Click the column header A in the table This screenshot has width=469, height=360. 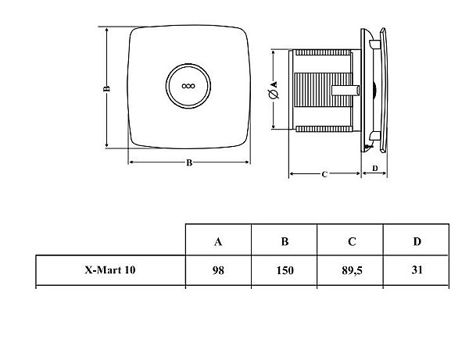(x=218, y=241)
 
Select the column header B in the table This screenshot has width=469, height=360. (x=285, y=241)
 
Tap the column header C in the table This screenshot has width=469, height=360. (x=352, y=241)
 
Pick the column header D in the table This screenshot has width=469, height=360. (x=417, y=241)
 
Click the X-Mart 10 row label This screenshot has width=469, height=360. (x=110, y=270)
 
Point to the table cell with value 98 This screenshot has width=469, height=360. (x=218, y=270)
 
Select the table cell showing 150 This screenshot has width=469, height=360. (x=285, y=270)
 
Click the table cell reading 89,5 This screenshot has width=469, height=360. (x=352, y=271)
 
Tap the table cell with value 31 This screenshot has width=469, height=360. (x=417, y=270)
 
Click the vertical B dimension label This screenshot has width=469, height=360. (x=107, y=88)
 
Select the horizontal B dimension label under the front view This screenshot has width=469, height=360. (x=189, y=163)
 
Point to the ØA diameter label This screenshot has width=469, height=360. (x=273, y=90)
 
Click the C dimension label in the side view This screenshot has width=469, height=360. (x=324, y=174)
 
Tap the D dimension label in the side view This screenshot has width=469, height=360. (x=374, y=169)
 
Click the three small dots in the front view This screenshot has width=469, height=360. (x=188, y=86)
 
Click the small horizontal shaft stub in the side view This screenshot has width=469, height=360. (x=345, y=91)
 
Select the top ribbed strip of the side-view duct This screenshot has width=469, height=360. (x=323, y=52)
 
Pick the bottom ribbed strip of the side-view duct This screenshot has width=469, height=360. (x=323, y=129)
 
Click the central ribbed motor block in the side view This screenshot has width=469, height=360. (x=323, y=90)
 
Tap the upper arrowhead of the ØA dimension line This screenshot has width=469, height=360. (x=274, y=52)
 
